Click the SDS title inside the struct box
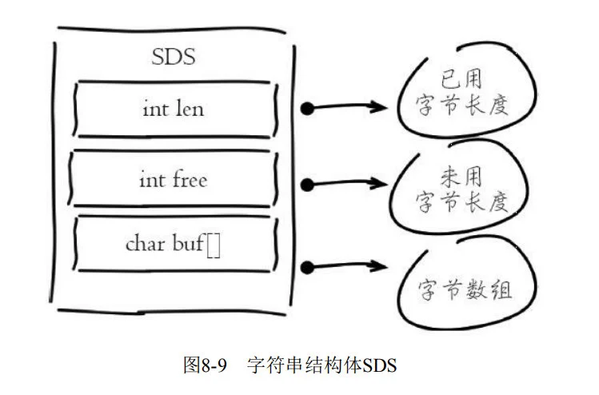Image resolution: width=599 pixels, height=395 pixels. pos(173,58)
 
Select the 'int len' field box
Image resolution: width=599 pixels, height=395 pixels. pos(173,107)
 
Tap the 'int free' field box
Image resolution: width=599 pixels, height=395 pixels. pos(173,179)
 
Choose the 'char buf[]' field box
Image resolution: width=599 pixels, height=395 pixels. pos(173,243)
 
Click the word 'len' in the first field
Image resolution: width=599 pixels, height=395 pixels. pos(190,107)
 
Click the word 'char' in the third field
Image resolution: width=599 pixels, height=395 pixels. pos(144,244)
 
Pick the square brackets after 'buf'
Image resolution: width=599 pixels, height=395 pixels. pos(214,245)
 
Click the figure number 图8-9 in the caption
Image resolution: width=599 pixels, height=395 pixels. pos(206,365)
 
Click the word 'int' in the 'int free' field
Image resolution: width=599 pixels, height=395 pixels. pos(151,179)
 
